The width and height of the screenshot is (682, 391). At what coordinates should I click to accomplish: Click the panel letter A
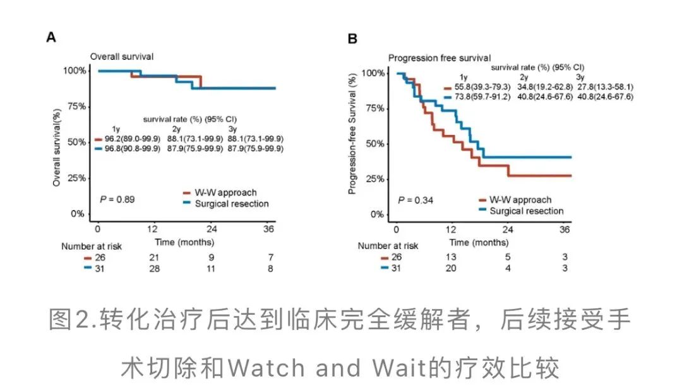(51, 38)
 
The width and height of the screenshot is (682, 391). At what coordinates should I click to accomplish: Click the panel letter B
(353, 39)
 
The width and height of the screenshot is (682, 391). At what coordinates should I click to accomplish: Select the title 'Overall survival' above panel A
(121, 57)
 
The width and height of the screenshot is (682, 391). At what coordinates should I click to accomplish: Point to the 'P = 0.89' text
(117, 199)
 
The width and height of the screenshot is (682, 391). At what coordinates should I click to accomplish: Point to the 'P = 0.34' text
(414, 201)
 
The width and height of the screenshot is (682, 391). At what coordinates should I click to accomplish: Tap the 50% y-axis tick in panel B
(373, 144)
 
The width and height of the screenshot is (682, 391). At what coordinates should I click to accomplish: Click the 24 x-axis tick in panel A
(212, 228)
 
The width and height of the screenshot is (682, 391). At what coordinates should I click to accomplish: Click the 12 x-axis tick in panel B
(452, 229)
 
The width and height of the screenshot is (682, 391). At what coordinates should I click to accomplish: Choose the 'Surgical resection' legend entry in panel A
(233, 204)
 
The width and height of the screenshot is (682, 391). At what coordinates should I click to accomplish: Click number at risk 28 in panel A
(154, 269)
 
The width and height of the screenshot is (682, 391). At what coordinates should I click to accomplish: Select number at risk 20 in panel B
(452, 269)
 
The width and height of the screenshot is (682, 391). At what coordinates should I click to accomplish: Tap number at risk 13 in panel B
(452, 257)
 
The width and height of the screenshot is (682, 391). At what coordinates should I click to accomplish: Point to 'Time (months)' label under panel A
(185, 242)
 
